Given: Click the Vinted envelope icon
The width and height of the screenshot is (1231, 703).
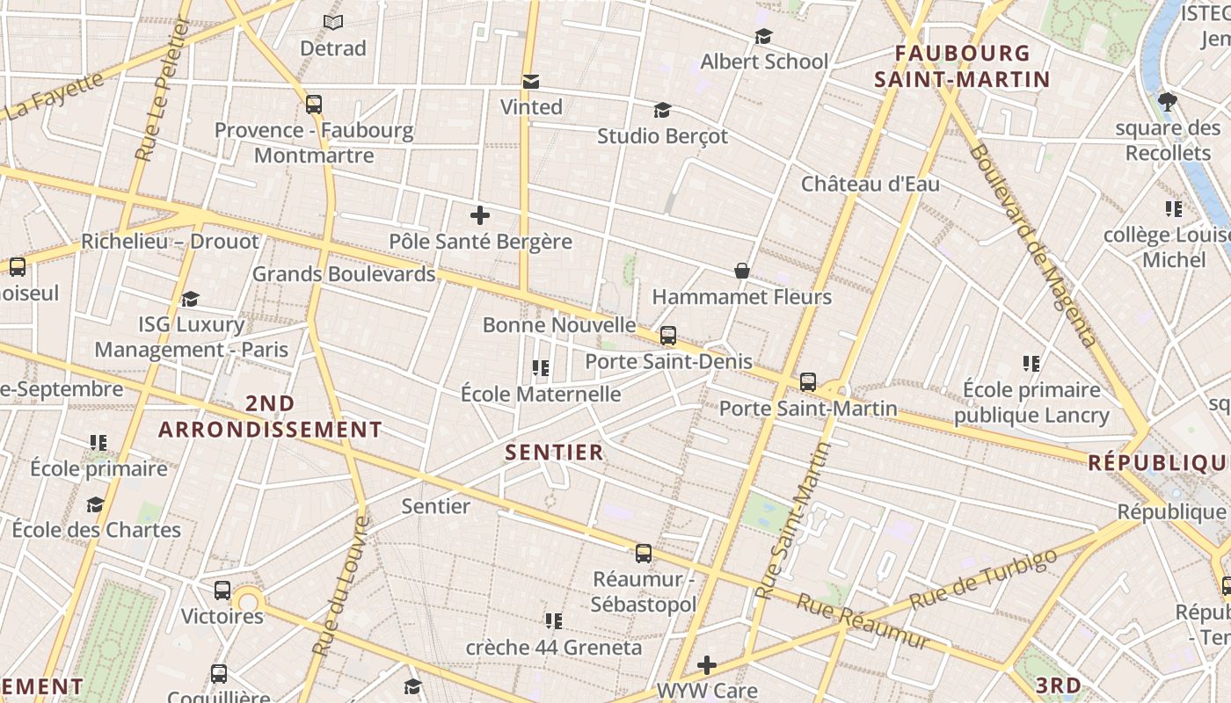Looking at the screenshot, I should [531, 82].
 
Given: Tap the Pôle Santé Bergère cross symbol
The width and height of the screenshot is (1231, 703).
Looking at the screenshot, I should [480, 215].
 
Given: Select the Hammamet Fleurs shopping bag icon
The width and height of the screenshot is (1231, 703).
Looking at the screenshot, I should [742, 271].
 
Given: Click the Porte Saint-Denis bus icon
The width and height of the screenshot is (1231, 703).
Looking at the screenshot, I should [668, 335].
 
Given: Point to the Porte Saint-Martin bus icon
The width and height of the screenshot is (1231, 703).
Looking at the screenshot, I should [808, 382].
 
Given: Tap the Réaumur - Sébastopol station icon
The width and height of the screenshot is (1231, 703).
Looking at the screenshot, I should [644, 553].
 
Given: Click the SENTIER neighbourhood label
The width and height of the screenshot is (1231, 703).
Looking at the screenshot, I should [555, 453].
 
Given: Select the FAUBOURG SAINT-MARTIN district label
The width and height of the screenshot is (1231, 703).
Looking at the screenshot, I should [962, 67].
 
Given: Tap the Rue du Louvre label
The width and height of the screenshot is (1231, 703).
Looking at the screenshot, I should [339, 586].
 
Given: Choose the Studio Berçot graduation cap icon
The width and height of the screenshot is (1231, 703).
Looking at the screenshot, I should [662, 111].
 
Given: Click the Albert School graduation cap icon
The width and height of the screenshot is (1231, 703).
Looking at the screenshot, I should [763, 36].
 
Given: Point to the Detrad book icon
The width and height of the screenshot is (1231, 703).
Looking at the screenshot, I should [332, 22].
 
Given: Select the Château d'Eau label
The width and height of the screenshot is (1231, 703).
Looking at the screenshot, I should [870, 185].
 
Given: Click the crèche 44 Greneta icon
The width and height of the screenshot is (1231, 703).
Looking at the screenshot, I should [553, 621].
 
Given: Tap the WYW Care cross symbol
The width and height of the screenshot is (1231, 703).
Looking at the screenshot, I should [707, 665].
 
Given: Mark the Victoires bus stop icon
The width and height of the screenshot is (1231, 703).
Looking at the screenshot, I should [222, 590].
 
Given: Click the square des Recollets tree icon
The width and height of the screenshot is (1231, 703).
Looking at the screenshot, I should [1168, 102].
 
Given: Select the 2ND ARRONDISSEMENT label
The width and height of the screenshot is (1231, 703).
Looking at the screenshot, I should [270, 417].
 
